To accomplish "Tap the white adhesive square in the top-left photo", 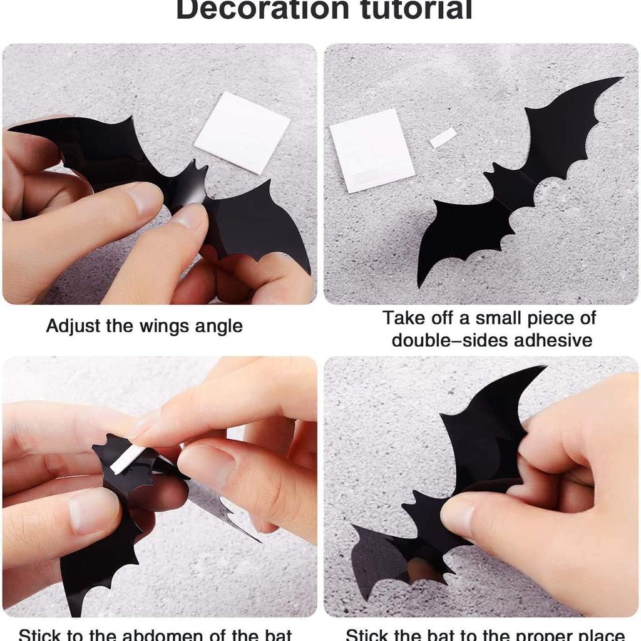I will coord(242,132).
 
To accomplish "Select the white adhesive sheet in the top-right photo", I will coord(372,150).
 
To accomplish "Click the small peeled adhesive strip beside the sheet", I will coord(443,137).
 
